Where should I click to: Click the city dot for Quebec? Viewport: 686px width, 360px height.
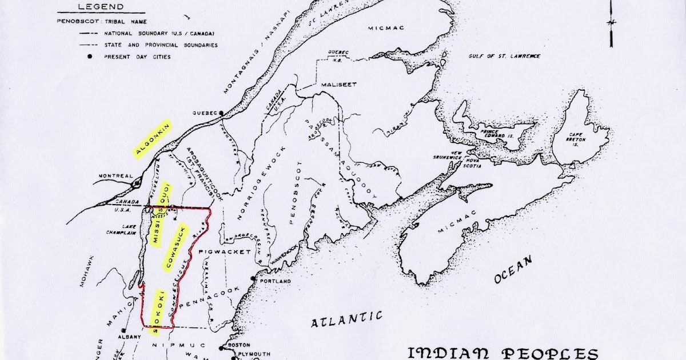221,113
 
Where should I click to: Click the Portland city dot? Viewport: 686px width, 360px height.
253,279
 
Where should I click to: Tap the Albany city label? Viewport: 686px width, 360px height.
129,337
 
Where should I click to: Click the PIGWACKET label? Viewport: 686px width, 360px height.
217,252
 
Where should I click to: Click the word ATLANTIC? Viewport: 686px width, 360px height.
346,320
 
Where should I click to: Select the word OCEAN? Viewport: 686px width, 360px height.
514,269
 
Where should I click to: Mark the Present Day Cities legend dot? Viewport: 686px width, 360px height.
90,57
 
